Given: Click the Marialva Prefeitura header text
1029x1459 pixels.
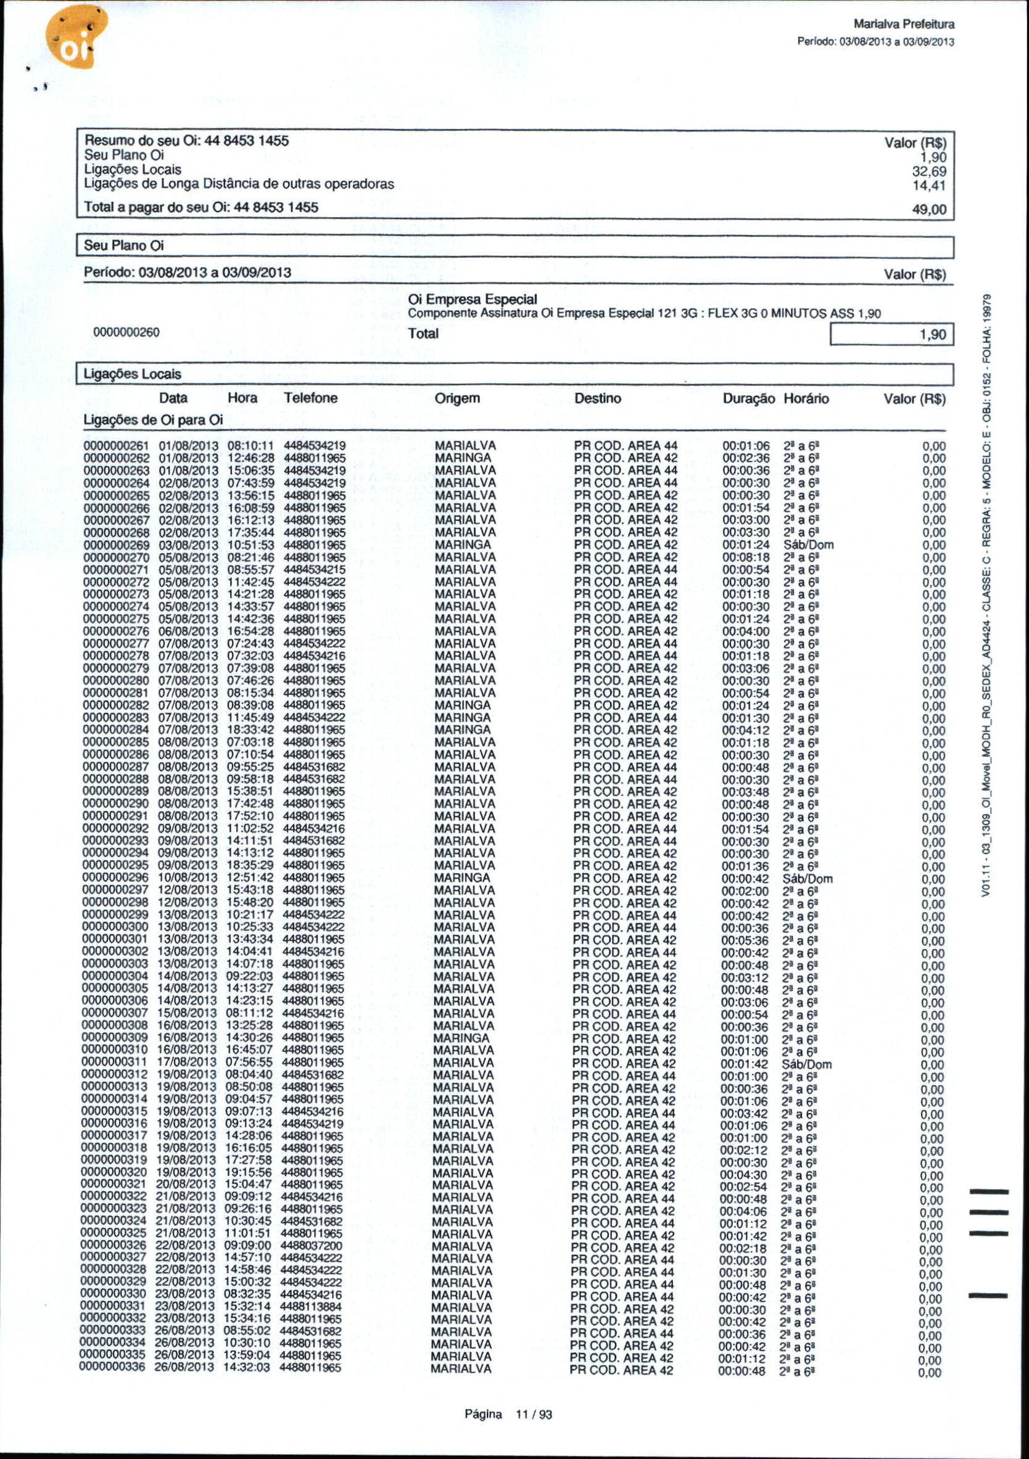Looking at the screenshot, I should point(904,25).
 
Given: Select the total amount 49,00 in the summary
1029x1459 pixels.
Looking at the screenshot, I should point(929,210).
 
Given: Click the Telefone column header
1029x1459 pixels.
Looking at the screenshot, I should point(311,398).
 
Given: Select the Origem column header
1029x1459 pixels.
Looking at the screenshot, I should point(457,398).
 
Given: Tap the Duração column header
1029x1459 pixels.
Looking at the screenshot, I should point(749,399).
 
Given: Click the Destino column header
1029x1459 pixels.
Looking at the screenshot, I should point(597,398).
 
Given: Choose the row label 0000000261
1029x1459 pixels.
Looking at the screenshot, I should point(117,446).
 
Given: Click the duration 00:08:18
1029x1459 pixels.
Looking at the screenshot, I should point(746,557).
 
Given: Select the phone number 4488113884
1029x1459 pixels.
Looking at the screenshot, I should point(311,1307).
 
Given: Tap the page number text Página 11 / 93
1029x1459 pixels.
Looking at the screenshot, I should point(508,1415).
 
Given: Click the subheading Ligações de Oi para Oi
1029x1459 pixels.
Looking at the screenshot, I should point(153,420).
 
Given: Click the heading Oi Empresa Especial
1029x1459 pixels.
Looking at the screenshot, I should point(472,299).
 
